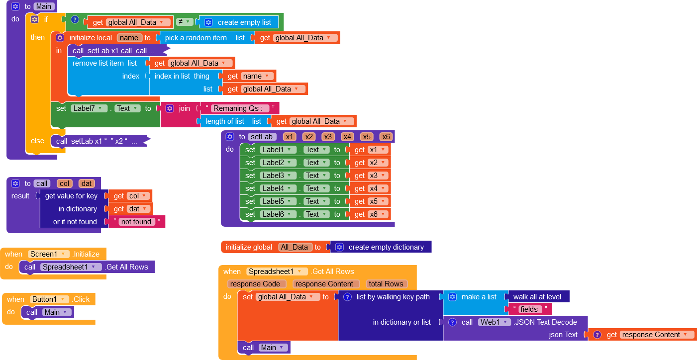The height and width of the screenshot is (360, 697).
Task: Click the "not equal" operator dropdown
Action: point(185,22)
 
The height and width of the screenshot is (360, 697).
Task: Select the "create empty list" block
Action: point(244,22)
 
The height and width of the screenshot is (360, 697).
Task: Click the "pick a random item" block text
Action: point(196,38)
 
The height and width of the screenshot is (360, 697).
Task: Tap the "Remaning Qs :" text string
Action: point(241,108)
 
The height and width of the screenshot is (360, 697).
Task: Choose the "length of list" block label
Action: point(225,121)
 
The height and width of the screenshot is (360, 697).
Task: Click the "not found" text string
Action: point(136,222)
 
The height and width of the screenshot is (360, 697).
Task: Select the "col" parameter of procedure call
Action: point(65,183)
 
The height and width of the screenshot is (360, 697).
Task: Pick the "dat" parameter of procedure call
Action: point(87,183)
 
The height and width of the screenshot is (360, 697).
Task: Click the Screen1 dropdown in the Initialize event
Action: point(48,254)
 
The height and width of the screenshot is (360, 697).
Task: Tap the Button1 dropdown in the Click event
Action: point(50,299)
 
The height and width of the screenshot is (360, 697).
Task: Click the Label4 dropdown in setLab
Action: point(279,188)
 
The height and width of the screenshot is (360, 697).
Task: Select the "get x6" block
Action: point(370,214)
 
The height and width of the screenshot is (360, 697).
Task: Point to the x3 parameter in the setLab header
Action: point(328,137)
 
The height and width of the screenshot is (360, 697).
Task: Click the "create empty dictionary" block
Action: point(386,247)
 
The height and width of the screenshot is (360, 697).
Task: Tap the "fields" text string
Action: point(529,309)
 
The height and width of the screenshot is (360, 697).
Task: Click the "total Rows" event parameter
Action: point(386,284)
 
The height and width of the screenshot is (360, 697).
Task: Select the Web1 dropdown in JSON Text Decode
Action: point(494,322)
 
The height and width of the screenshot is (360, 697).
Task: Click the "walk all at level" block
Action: point(537,297)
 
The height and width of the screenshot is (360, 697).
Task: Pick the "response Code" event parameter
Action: point(257,284)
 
